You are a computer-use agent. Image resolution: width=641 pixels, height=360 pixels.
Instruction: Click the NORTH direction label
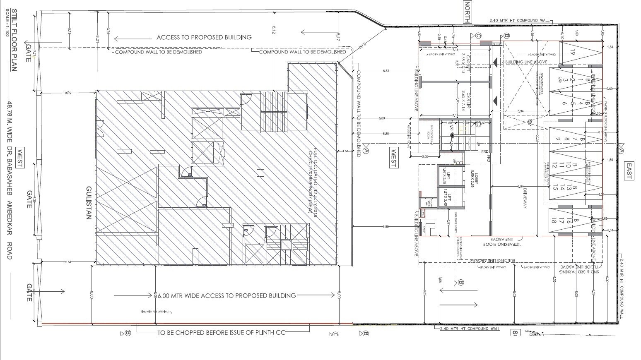click(467, 12)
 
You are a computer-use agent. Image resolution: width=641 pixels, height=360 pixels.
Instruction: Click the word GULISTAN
click(88, 202)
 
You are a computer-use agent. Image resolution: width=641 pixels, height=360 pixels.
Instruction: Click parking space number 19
click(572, 53)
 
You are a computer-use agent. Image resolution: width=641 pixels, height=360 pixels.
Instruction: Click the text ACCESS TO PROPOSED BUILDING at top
click(204, 37)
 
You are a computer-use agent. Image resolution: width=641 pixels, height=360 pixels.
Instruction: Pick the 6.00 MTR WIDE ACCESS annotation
click(227, 295)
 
